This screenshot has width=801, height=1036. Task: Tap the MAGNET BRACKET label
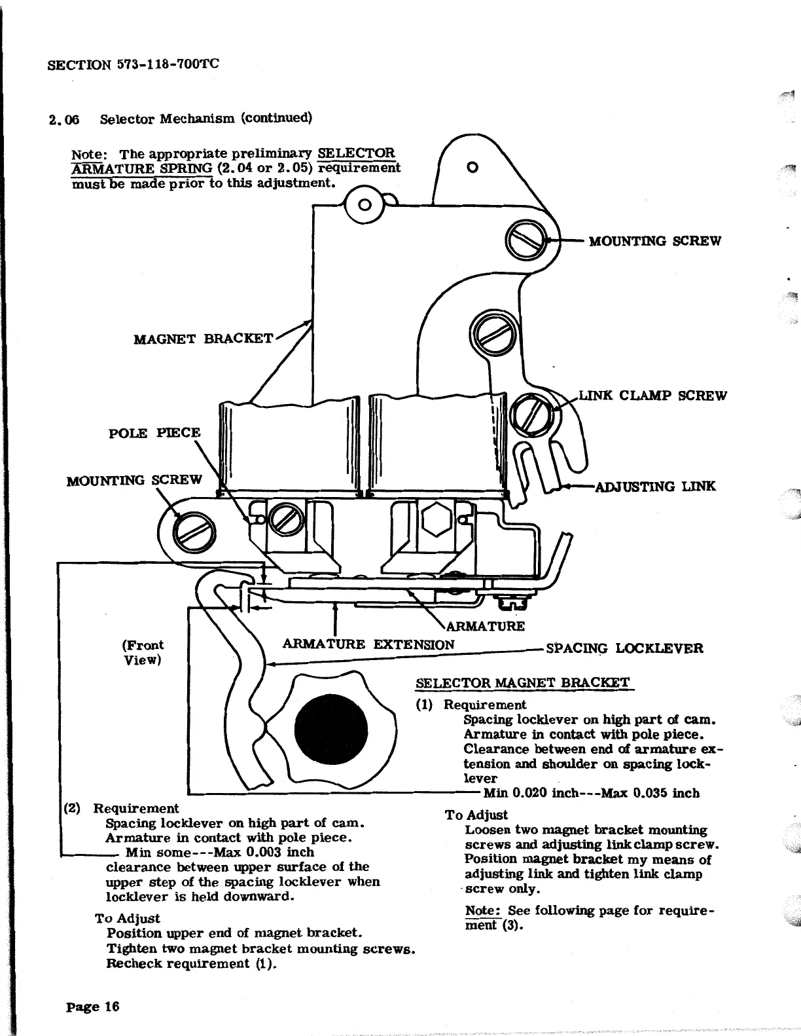(203, 339)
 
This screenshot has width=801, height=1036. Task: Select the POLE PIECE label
(154, 433)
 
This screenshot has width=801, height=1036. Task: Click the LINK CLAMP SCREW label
(653, 396)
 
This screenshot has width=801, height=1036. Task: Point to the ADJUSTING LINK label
(655, 486)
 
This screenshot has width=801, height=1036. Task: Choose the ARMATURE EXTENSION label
(368, 644)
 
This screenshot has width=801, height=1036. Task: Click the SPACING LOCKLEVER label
(624, 648)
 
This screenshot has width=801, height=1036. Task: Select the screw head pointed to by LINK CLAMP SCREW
(533, 414)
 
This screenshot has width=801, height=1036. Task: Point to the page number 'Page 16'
(93, 1006)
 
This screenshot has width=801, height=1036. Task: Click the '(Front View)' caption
(143, 652)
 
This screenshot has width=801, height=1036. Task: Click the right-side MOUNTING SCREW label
(654, 241)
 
